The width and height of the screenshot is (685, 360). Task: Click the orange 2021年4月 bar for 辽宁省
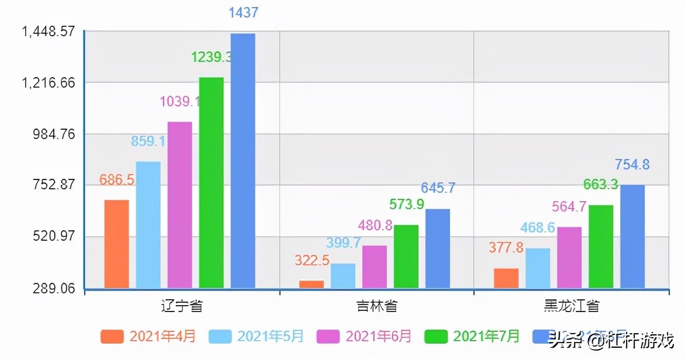click(x=116, y=244)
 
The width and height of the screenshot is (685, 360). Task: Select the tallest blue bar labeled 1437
click(x=243, y=161)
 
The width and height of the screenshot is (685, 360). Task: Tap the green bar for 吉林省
click(x=406, y=256)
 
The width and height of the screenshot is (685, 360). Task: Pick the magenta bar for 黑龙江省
click(x=569, y=257)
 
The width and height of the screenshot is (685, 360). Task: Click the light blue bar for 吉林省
click(x=343, y=275)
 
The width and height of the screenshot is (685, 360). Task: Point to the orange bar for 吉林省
click(x=312, y=284)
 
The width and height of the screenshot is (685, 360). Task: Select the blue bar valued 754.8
click(x=632, y=236)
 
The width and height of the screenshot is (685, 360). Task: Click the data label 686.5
click(x=117, y=180)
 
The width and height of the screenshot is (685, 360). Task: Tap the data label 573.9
click(x=407, y=205)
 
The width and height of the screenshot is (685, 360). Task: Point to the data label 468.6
click(x=537, y=228)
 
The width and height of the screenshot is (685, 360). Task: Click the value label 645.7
click(x=438, y=188)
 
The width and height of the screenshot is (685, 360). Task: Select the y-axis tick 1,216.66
click(x=49, y=82)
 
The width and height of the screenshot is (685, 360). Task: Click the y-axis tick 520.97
click(x=56, y=237)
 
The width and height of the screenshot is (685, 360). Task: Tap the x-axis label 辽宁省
click(x=182, y=306)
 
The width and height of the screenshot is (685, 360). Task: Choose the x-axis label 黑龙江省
click(x=570, y=306)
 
